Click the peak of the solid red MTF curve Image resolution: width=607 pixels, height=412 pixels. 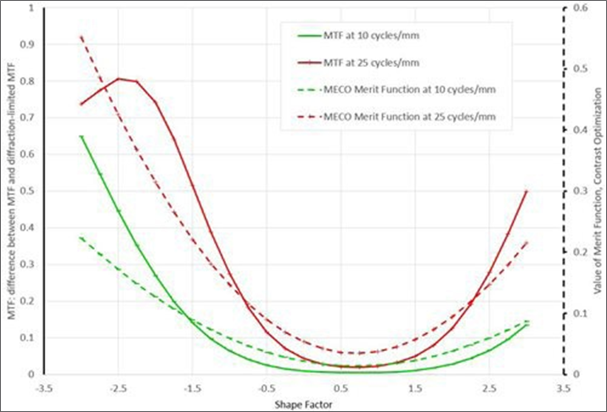(119, 79)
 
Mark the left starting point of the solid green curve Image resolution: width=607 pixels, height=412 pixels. (81, 136)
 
